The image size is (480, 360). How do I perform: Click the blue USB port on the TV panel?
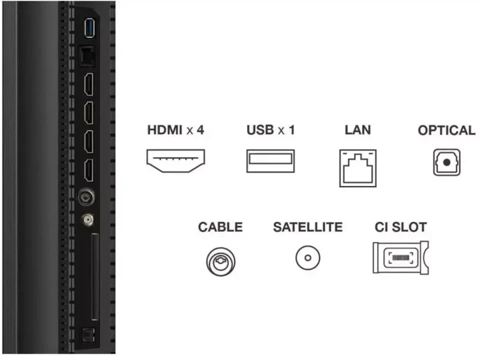point(89,28)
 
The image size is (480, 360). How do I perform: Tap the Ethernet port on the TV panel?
point(87,56)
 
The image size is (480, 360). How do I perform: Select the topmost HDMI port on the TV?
point(89,85)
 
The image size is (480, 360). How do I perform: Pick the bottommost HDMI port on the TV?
point(89,171)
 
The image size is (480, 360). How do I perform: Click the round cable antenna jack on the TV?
point(86,197)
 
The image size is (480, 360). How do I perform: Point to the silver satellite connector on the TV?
point(87,220)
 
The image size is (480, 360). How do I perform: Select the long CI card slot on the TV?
point(95,277)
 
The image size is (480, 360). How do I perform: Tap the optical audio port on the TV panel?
point(88,335)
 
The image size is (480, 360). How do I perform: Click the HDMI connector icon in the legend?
point(176,161)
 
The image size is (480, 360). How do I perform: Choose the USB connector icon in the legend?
point(271,161)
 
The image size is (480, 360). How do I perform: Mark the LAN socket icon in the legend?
point(358,168)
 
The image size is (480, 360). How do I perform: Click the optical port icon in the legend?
point(447,162)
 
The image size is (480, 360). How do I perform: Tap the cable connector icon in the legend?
point(221,262)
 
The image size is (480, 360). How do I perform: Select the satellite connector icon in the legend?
point(308,258)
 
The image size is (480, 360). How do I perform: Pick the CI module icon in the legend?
point(401,258)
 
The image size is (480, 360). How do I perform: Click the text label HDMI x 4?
point(176,130)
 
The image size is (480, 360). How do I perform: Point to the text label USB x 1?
point(271,130)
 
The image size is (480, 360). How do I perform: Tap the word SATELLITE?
point(308,227)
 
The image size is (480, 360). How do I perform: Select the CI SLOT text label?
point(401,227)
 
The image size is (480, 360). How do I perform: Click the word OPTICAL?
point(447,131)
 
